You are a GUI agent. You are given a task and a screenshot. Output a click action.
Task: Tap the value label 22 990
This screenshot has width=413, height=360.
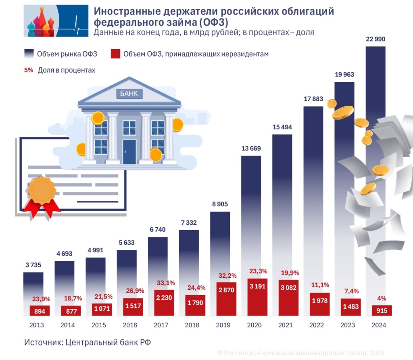coord(375,39)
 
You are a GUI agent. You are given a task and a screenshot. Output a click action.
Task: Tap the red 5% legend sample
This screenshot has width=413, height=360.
coord(28,70)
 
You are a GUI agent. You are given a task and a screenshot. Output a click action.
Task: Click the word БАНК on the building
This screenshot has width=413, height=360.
coord(129,94)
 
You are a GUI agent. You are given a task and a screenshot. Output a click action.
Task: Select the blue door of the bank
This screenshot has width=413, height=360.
coord(129,152)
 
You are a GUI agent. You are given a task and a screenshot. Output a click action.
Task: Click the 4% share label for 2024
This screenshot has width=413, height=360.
coord(382,298)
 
